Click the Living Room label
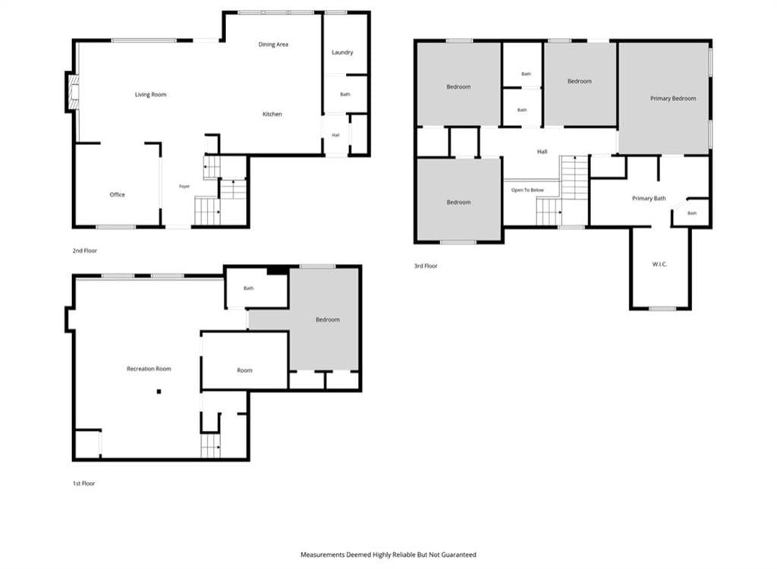[x=151, y=95]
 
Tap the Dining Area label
[x=273, y=45]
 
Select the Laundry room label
[x=342, y=52]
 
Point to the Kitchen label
[x=272, y=115]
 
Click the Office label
[x=118, y=195]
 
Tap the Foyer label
[x=184, y=187]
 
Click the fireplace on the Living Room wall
[x=72, y=93]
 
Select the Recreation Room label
[x=149, y=369]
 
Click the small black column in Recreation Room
[x=159, y=391]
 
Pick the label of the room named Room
[x=245, y=370]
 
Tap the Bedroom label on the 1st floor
[x=328, y=319]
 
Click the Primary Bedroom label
[x=673, y=99]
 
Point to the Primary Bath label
[x=649, y=199]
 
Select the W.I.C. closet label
[x=659, y=265]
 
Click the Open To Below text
[x=527, y=190]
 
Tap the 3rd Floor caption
[x=426, y=266]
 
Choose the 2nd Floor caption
[x=85, y=251]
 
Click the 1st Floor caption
[x=83, y=484]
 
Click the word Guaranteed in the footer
[x=458, y=555]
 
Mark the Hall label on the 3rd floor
[x=542, y=152]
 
